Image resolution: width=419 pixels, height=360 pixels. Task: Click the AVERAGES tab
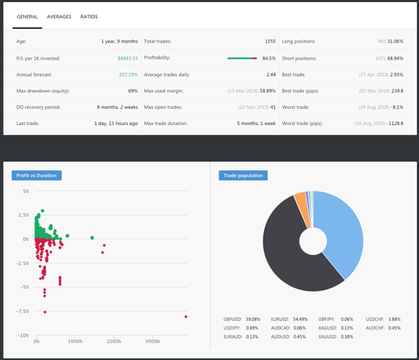pos(59,17)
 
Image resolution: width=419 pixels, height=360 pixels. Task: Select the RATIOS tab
pos(89,17)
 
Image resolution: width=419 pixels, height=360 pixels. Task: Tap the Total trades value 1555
pos(270,41)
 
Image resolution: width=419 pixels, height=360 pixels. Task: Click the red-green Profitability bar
pos(242,58)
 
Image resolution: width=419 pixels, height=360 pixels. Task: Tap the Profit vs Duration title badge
pos(36,175)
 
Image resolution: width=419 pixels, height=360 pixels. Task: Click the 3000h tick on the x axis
pos(152,341)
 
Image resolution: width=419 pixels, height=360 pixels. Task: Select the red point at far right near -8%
pos(186,317)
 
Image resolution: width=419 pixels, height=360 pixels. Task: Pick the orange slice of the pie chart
pos(300,202)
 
